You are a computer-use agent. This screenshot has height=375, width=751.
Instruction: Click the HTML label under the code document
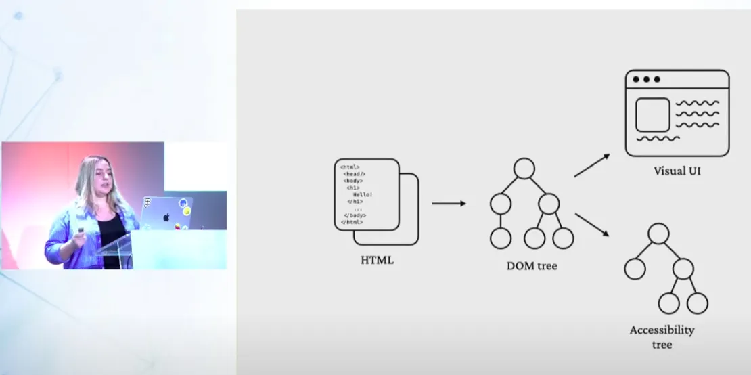[378, 259]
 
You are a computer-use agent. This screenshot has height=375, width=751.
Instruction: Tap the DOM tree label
[532, 266]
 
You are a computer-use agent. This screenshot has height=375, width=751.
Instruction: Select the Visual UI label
[677, 171]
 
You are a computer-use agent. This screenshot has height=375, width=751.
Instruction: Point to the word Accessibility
[662, 330]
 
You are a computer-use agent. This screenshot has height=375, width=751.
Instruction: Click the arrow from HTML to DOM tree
[449, 203]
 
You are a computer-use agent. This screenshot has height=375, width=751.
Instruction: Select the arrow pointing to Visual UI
[592, 165]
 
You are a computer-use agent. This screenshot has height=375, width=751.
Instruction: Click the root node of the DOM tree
[524, 168]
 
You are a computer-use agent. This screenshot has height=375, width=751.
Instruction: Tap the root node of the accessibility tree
[658, 234]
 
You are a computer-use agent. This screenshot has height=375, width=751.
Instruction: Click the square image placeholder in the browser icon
[652, 114]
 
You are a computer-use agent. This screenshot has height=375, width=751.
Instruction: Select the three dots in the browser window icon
[645, 79]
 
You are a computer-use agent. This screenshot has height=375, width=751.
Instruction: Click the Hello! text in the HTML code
[363, 195]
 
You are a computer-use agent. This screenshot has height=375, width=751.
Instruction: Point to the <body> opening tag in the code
[353, 181]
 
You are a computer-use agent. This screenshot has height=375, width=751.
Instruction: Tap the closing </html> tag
[352, 222]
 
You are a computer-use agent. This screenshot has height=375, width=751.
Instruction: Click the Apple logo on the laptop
[166, 217]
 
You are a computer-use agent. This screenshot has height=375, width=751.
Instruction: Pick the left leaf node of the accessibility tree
[635, 269]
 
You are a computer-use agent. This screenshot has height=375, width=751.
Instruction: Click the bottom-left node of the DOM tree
[500, 238]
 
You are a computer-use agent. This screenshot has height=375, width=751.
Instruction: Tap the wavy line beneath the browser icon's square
[658, 139]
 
